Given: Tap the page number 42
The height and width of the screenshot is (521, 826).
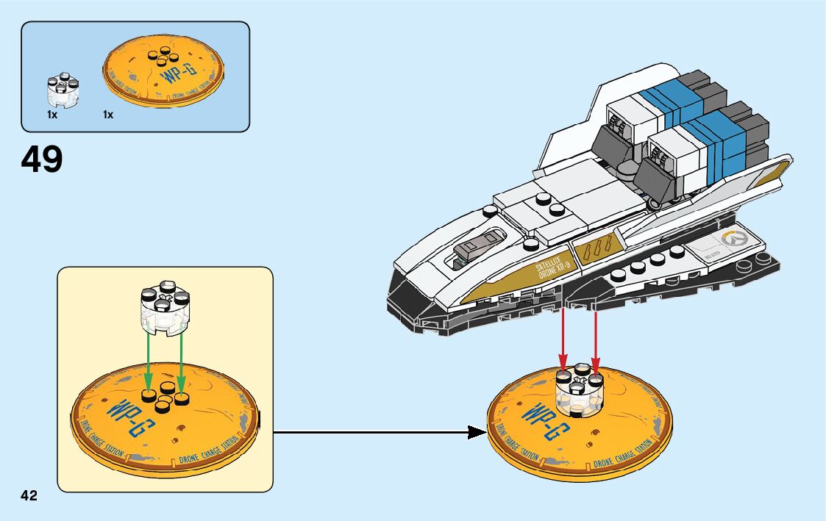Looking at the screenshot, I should pos(29,495).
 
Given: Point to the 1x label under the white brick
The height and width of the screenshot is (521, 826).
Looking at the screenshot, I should pos(52,115).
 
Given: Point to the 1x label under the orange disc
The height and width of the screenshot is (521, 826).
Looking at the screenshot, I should pos(108,115).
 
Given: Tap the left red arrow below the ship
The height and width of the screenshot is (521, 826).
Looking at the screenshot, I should pos(563,338).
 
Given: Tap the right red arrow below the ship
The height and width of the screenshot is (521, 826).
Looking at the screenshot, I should pos(595,338).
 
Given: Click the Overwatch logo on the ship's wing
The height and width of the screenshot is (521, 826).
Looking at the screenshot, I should pos(733,239).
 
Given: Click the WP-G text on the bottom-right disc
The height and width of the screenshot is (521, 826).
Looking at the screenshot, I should pos(544,420).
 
